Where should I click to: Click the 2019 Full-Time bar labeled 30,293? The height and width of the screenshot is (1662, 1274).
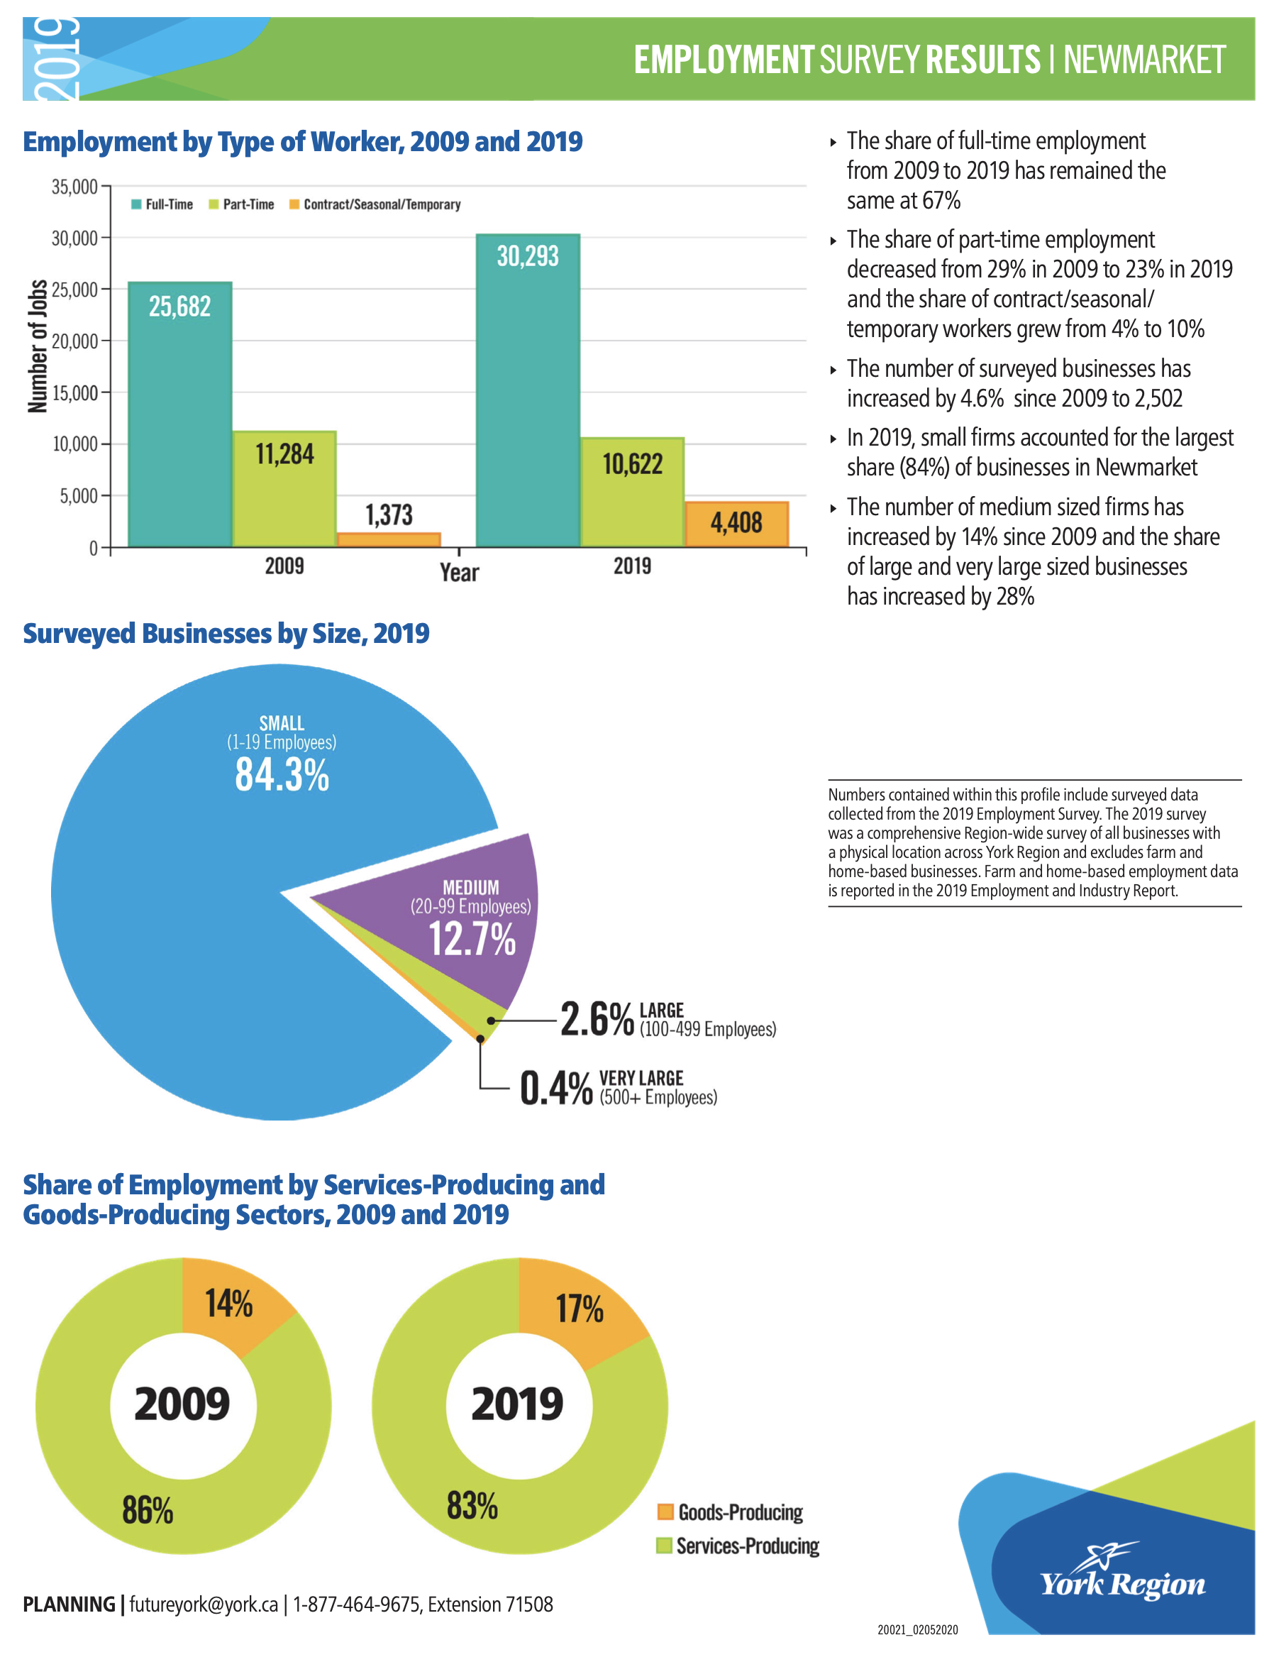pos(528,390)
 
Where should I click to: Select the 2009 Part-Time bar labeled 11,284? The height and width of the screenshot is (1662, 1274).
pos(284,488)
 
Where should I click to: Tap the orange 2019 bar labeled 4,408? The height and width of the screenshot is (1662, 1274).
pos(736,524)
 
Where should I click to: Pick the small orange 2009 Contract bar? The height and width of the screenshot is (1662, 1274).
pos(389,539)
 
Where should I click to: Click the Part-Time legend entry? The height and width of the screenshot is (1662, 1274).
pos(242,204)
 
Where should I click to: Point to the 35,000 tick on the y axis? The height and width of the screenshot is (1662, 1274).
pos(74,187)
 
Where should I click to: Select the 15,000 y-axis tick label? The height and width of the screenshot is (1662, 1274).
pos(74,393)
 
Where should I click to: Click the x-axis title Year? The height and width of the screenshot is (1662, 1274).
pos(460,572)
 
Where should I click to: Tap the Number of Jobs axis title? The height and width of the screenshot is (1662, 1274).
pos(37,345)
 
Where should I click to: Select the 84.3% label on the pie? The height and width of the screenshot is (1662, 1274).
pos(282,774)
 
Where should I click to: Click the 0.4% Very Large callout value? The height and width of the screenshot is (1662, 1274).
pos(556,1087)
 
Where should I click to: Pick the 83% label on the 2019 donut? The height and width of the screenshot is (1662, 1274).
pos(472,1505)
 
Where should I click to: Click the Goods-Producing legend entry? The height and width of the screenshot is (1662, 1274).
pos(730,1512)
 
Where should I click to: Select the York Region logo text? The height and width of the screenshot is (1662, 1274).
pos(1122,1584)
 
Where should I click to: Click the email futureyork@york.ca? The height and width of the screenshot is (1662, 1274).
pos(204,1605)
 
